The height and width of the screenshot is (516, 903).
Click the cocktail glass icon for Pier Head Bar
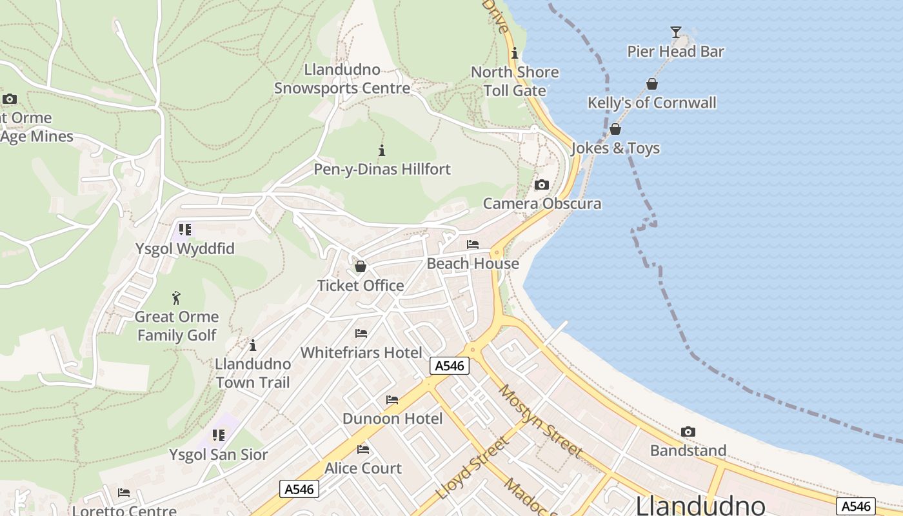[x=675, y=32]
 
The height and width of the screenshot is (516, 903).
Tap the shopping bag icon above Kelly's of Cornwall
[x=652, y=84]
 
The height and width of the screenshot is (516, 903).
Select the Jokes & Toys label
[x=615, y=148]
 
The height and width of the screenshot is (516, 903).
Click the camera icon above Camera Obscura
[x=542, y=185]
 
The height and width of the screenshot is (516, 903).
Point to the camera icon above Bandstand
[x=688, y=432]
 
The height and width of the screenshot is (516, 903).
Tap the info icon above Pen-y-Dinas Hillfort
[x=382, y=151]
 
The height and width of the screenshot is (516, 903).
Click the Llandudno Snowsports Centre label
[x=342, y=79]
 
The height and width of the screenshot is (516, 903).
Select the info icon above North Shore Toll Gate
[x=515, y=54]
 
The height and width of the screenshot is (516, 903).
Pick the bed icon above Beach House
[x=473, y=244]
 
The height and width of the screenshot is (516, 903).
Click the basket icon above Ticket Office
[x=361, y=266]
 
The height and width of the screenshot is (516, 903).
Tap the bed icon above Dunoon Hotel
[x=392, y=400]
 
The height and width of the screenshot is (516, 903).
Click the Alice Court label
[x=363, y=468]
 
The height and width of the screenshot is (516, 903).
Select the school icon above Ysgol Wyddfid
[x=185, y=230]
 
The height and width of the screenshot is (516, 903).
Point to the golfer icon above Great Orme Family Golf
[x=177, y=298]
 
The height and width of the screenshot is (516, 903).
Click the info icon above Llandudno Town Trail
[x=253, y=345]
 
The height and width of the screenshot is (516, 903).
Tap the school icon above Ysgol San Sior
[x=219, y=435]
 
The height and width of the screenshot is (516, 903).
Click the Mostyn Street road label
[x=541, y=421]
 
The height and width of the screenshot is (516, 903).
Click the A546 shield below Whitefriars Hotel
[x=450, y=366]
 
